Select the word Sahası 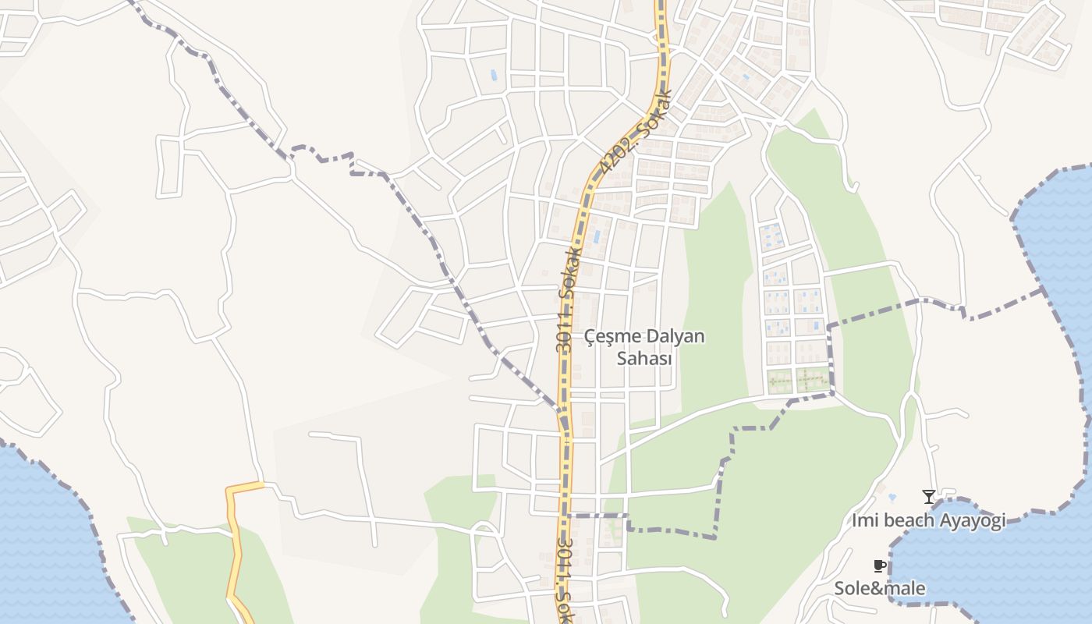click(644, 359)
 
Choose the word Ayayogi click(974, 520)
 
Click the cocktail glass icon click(928, 497)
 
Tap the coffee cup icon click(880, 566)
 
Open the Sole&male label click(880, 588)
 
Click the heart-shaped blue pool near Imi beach click(892, 497)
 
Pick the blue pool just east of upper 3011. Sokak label click(597, 236)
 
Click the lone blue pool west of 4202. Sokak click(492, 76)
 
